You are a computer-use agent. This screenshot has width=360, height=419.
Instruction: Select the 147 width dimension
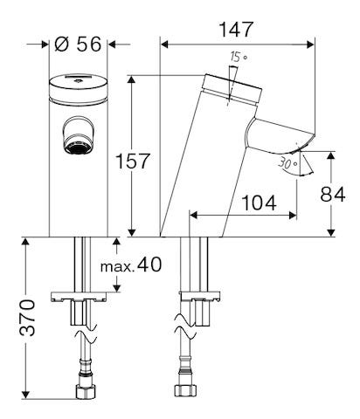click(x=235, y=29)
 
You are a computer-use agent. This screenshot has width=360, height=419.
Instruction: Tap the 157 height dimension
click(x=133, y=161)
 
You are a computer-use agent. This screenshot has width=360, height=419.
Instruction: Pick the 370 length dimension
click(x=28, y=319)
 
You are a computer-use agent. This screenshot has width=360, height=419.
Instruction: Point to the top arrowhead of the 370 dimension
click(x=28, y=241)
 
